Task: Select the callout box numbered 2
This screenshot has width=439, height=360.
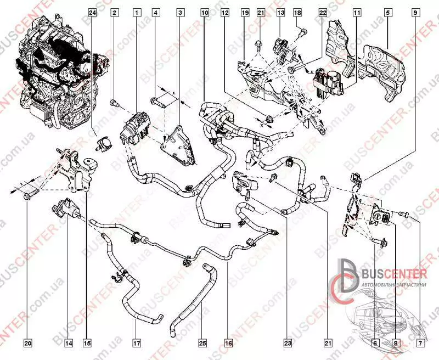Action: (115, 12)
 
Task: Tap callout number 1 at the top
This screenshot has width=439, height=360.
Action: (136, 12)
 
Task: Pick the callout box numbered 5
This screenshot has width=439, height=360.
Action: (387, 12)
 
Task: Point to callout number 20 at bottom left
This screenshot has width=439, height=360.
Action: (28, 343)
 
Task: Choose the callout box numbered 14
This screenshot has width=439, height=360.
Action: (68, 343)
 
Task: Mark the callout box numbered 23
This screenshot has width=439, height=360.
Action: (287, 343)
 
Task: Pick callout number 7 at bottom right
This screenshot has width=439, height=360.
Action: (420, 343)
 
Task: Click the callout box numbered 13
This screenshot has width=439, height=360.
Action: (280, 12)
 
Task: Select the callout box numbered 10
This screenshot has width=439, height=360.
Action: (204, 12)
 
